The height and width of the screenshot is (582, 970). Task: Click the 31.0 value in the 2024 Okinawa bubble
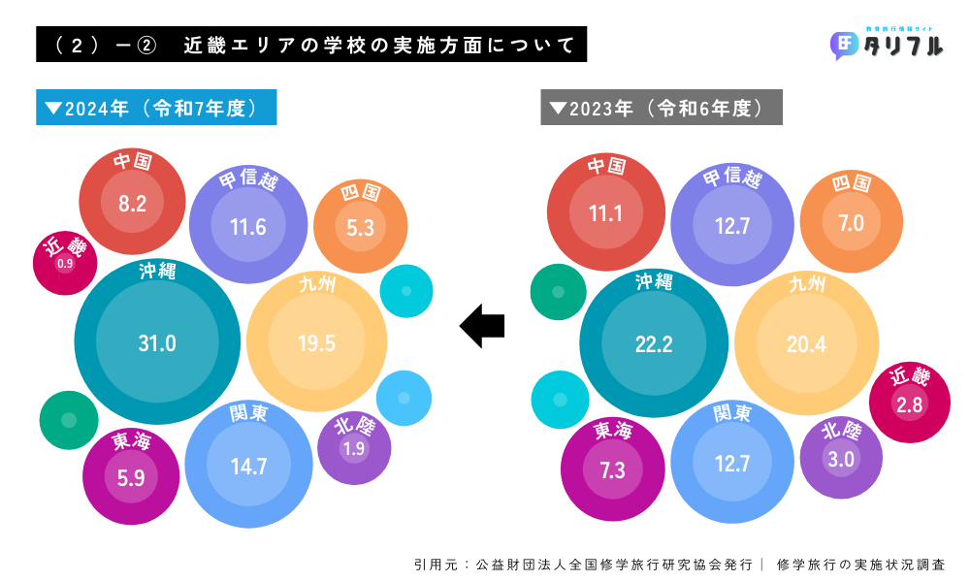pos(157,342)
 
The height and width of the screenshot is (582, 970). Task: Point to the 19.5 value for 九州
pos(316,342)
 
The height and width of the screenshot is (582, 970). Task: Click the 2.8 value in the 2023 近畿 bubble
pos(910,405)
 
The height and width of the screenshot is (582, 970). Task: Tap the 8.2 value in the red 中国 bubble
pos(132,204)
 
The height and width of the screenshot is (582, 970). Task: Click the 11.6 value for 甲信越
pos(248,227)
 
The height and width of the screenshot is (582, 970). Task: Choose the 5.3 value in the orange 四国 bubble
pos(360,227)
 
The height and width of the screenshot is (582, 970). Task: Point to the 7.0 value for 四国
pos(850,223)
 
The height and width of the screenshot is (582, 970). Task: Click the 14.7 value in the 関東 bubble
pos(248,466)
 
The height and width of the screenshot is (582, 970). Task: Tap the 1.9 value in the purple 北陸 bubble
pos(353,448)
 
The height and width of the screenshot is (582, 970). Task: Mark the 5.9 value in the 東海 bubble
pos(131,477)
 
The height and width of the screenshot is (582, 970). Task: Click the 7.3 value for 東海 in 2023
pos(611,470)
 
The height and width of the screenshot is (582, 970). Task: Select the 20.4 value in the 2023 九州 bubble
pos(807,344)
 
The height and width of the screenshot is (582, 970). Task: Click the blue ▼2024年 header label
pos(156,108)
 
